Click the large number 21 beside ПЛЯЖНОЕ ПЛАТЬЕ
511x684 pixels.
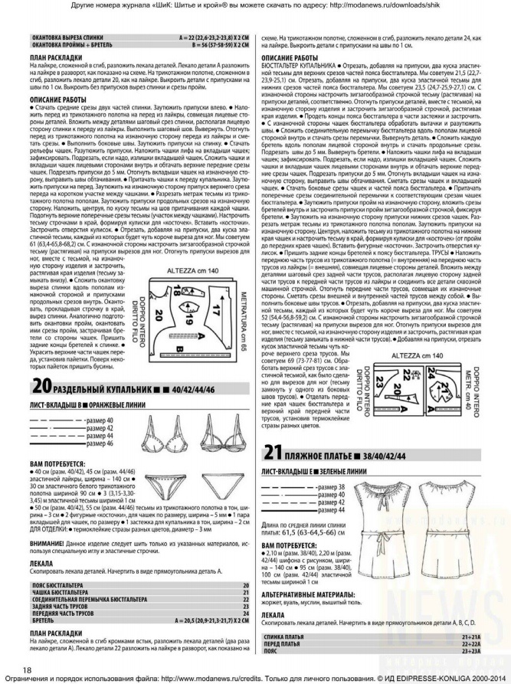tap(274, 455)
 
